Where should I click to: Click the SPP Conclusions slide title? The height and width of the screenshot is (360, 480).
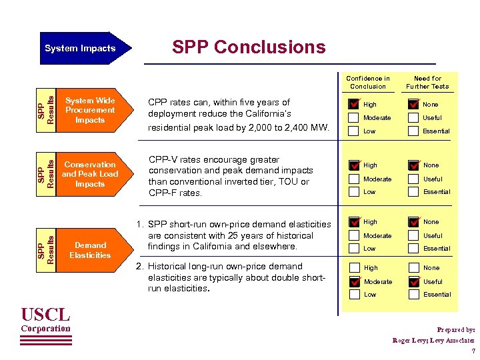click(x=249, y=47)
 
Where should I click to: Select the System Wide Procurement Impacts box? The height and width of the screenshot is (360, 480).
click(x=90, y=110)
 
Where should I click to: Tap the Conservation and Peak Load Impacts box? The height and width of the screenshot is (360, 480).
click(x=90, y=174)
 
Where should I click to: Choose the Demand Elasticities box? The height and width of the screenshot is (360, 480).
click(x=90, y=250)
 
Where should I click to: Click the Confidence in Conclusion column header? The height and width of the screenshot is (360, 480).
click(x=368, y=82)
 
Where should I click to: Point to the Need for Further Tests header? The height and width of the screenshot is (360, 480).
click(x=427, y=82)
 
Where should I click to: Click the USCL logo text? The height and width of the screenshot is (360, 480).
click(x=45, y=314)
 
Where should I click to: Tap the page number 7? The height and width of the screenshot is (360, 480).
click(x=473, y=351)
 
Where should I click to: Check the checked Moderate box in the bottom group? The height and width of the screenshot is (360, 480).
click(x=353, y=281)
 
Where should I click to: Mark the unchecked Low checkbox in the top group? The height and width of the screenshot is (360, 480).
click(x=353, y=131)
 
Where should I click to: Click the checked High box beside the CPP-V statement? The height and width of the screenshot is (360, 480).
click(x=353, y=165)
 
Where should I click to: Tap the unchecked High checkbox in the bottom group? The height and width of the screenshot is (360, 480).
click(x=353, y=268)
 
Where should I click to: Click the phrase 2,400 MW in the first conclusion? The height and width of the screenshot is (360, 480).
click(x=307, y=127)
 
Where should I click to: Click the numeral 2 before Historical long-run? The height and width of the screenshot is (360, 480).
click(x=138, y=267)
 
